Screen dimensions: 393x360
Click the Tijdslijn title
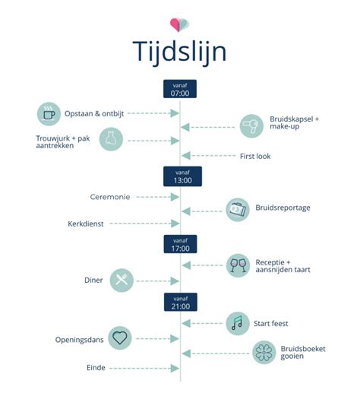(x=180, y=52)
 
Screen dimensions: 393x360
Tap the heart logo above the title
(x=180, y=24)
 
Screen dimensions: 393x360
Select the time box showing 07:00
(x=180, y=88)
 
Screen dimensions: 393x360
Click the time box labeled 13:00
(x=180, y=176)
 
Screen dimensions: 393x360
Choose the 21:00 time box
(x=180, y=303)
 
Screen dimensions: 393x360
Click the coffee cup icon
(x=49, y=113)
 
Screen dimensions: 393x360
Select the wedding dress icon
(x=111, y=139)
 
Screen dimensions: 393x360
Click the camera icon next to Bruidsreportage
(x=238, y=209)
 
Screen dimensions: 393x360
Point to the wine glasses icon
(x=238, y=265)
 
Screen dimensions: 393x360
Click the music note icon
(x=237, y=322)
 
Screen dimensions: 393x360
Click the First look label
(x=254, y=156)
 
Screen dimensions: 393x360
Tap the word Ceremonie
(x=109, y=196)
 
